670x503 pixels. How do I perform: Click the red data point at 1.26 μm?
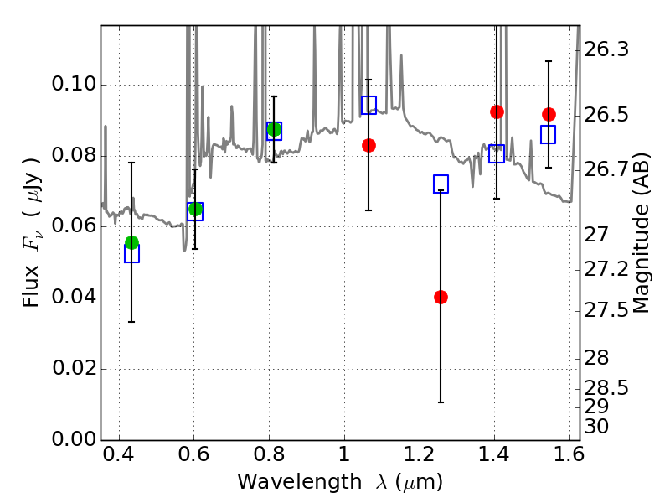[441, 297]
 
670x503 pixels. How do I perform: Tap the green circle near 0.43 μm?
[131, 242]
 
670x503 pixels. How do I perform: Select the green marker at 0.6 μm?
[195, 209]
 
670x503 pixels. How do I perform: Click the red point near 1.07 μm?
[368, 145]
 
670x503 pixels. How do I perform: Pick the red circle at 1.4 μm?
[497, 111]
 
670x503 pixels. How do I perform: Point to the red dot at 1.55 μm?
[549, 114]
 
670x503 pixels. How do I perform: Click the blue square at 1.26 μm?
[441, 184]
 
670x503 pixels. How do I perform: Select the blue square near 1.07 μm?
[368, 105]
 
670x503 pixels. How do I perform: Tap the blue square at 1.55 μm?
[549, 134]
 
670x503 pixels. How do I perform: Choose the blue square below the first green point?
[131, 254]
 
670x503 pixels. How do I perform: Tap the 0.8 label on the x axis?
[269, 457]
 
